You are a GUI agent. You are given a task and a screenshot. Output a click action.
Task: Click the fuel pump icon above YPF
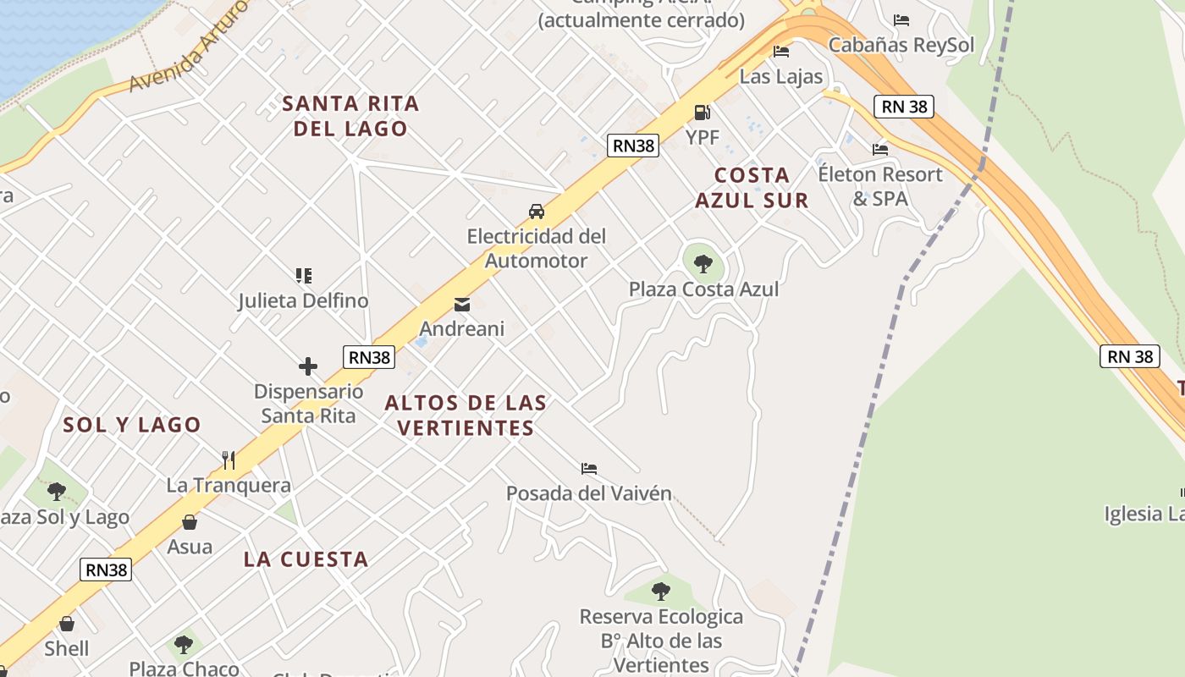(702, 112)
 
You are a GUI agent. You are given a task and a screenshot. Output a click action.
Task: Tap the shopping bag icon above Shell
(67, 624)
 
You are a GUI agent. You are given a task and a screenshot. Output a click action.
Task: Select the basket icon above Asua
(190, 522)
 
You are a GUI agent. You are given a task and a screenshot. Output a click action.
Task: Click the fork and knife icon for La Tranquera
(229, 460)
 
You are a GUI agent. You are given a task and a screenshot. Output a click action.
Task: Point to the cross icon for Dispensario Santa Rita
(308, 366)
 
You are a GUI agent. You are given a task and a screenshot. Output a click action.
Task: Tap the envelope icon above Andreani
(462, 305)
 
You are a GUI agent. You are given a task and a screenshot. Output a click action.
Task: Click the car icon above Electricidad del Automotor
(536, 211)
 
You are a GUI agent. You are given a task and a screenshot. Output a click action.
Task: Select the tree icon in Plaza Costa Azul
(703, 263)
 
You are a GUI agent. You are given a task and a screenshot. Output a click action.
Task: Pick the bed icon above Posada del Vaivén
(589, 468)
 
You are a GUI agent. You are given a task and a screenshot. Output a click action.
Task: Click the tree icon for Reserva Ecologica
(661, 592)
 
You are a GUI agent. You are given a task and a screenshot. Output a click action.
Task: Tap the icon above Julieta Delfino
(304, 275)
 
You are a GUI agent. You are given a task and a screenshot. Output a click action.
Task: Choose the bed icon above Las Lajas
(781, 52)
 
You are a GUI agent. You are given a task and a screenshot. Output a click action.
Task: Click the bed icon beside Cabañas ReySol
(901, 20)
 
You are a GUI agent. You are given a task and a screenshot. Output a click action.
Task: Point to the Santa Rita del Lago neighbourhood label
(350, 116)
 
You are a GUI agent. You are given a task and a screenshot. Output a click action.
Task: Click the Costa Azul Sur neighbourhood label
(752, 187)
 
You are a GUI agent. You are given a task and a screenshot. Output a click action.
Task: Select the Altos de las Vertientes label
(466, 415)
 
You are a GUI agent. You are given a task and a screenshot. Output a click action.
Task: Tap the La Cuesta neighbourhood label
(306, 559)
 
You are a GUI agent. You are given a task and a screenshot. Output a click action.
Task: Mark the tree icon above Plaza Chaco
(184, 645)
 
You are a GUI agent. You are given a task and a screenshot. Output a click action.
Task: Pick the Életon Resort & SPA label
(880, 186)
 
